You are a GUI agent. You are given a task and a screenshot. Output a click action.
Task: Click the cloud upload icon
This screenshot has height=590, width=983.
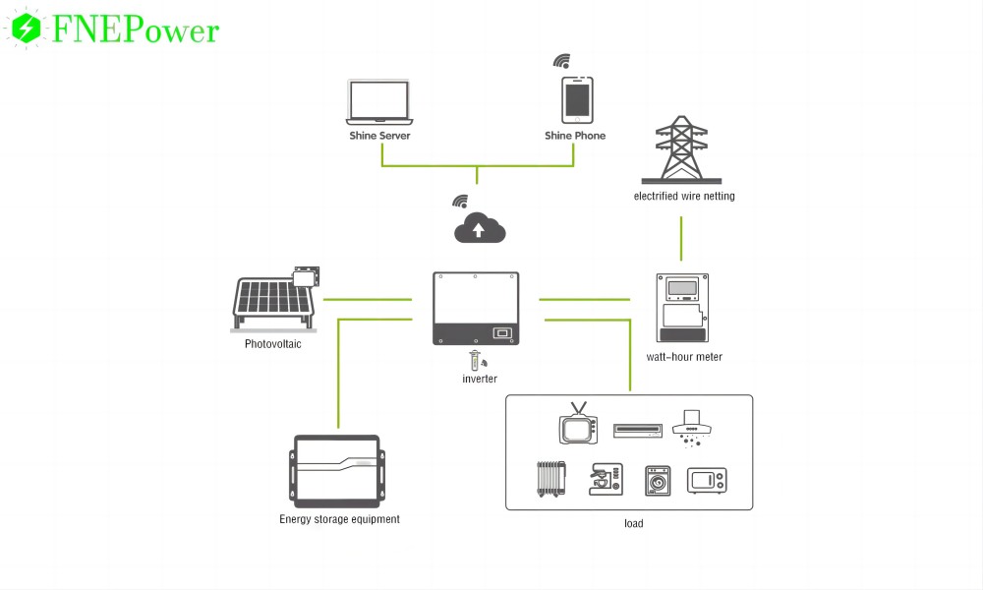(480, 229)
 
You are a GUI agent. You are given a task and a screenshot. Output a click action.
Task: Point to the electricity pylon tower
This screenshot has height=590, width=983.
(682, 149)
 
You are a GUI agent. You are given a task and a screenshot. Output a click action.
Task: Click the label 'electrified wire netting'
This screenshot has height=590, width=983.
(684, 197)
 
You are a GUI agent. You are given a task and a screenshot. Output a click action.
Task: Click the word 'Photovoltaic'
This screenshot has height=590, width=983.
(273, 344)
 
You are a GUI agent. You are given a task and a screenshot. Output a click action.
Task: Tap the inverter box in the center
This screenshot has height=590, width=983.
(476, 309)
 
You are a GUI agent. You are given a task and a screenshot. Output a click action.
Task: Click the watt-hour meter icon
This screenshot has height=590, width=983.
(682, 308)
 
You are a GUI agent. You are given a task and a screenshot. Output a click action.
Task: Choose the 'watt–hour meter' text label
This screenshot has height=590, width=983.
(684, 357)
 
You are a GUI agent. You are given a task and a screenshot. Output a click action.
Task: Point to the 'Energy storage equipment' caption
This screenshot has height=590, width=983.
(339, 519)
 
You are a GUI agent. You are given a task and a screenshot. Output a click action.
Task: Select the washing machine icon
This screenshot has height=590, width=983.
(657, 481)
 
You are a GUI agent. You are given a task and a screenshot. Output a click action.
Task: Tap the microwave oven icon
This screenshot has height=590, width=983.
(708, 481)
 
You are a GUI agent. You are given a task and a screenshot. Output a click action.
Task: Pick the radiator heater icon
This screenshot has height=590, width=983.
(550, 481)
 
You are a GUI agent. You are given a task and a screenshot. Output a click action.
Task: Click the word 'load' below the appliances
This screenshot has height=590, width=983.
(633, 523)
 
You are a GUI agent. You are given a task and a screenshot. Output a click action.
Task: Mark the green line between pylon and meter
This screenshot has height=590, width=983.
(682, 240)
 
